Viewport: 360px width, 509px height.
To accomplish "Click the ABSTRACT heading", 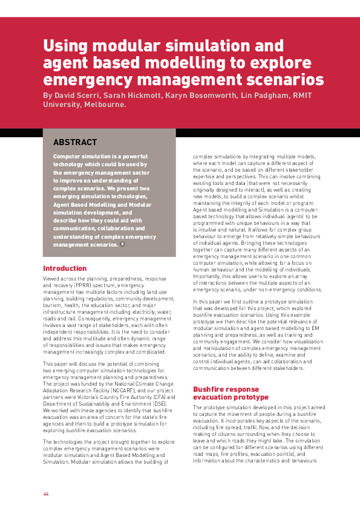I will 75,143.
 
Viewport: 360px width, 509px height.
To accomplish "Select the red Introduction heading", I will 65,268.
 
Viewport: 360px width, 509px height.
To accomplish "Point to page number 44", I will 46,494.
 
